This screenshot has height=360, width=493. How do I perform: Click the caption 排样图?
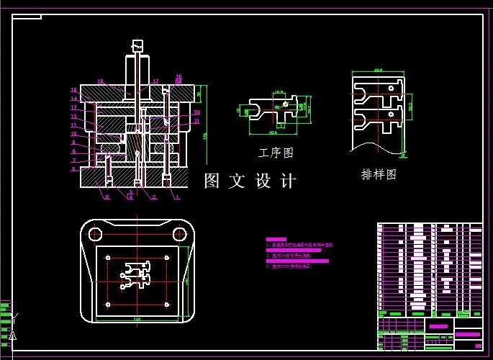tap(379, 174)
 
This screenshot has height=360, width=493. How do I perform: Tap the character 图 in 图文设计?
tap(212, 180)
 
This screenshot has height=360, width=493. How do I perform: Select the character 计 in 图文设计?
tap(288, 180)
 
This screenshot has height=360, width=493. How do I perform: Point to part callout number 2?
tap(154, 197)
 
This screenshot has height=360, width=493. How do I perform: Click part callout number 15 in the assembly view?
tap(100, 81)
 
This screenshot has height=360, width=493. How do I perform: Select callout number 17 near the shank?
tap(155, 81)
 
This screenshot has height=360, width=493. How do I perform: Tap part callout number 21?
tap(196, 121)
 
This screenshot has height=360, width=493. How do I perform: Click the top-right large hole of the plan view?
tap(178, 234)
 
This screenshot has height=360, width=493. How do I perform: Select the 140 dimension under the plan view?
tap(137, 317)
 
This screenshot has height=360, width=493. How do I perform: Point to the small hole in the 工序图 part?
tap(286, 104)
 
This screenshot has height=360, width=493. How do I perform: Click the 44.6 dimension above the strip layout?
tap(378, 71)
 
